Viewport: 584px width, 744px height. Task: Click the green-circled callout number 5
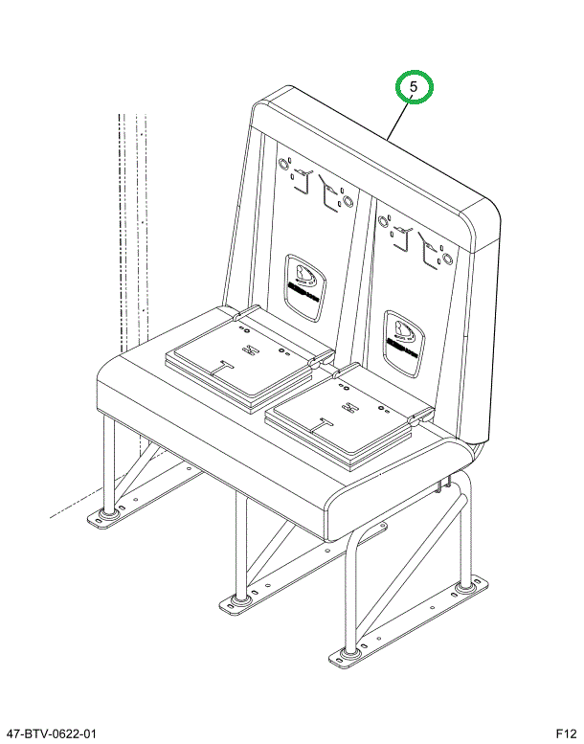coord(414,87)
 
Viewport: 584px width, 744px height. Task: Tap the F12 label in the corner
coord(567,734)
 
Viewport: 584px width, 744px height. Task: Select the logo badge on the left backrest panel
coord(305,288)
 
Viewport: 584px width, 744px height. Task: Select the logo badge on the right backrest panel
coord(404,344)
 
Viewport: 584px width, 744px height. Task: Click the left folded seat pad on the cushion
coord(248,358)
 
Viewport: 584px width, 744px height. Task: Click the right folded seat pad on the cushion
coord(348,417)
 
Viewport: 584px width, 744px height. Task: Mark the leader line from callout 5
coord(399,120)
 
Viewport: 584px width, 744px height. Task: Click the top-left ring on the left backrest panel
coord(284,164)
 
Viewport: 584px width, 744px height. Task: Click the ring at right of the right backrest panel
coord(446,258)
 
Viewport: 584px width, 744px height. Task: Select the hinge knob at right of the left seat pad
coord(315,362)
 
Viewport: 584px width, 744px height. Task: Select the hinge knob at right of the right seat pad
coord(415,419)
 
